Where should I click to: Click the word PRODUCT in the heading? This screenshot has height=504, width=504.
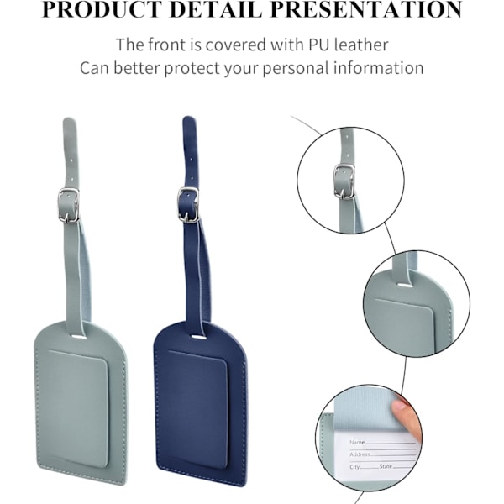click(102, 9)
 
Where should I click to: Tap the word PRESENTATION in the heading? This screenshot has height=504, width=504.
click(366, 9)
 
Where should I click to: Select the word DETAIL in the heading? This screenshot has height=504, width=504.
click(215, 9)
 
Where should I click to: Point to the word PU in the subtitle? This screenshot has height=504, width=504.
click(319, 45)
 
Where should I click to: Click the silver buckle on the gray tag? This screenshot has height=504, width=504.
click(69, 206)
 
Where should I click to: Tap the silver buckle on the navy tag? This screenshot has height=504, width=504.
click(188, 204)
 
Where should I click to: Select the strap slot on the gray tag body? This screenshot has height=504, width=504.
click(78, 337)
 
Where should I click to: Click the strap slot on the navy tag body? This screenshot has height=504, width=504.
click(198, 337)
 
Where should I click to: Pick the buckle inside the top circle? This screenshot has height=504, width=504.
click(344, 181)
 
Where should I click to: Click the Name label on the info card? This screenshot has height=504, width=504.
click(357, 442)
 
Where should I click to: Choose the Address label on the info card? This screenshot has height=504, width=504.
click(360, 454)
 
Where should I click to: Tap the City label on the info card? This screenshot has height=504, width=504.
click(354, 467)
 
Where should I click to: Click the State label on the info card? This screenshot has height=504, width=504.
click(386, 466)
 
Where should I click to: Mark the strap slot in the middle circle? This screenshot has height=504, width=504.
click(406, 285)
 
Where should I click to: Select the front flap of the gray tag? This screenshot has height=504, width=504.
click(78, 408)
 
